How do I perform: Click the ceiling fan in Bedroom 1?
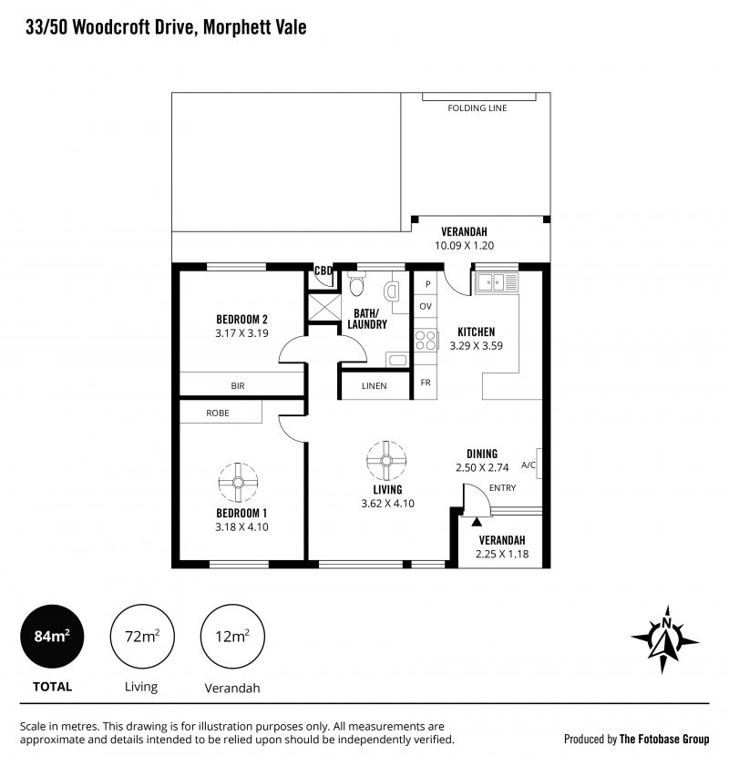pyautogui.click(x=238, y=482)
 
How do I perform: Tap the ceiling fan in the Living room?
pyautogui.click(x=386, y=460)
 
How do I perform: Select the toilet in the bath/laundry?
pyautogui.click(x=356, y=285)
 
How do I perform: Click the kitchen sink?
pyautogui.click(x=497, y=281)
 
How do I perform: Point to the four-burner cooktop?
pyautogui.click(x=425, y=340)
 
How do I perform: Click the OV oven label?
pyautogui.click(x=426, y=306)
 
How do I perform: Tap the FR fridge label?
pyautogui.click(x=426, y=383)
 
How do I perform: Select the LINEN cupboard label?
pyautogui.click(x=375, y=386)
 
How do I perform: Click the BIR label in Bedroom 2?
pyautogui.click(x=238, y=386)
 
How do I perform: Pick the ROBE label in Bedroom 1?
pyautogui.click(x=218, y=414)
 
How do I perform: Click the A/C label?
pyautogui.click(x=529, y=465)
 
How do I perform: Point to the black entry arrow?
pyautogui.click(x=477, y=521)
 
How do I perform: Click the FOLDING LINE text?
pyautogui.click(x=477, y=108)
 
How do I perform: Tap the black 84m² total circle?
pyautogui.click(x=52, y=637)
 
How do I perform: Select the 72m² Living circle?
pyautogui.click(x=142, y=637)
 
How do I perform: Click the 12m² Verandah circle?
pyautogui.click(x=232, y=637)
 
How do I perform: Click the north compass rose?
pyautogui.click(x=664, y=640)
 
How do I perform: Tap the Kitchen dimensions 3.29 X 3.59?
pyautogui.click(x=477, y=345)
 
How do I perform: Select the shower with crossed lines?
pyautogui.click(x=324, y=307)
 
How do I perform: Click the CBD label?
pyautogui.click(x=323, y=271)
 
